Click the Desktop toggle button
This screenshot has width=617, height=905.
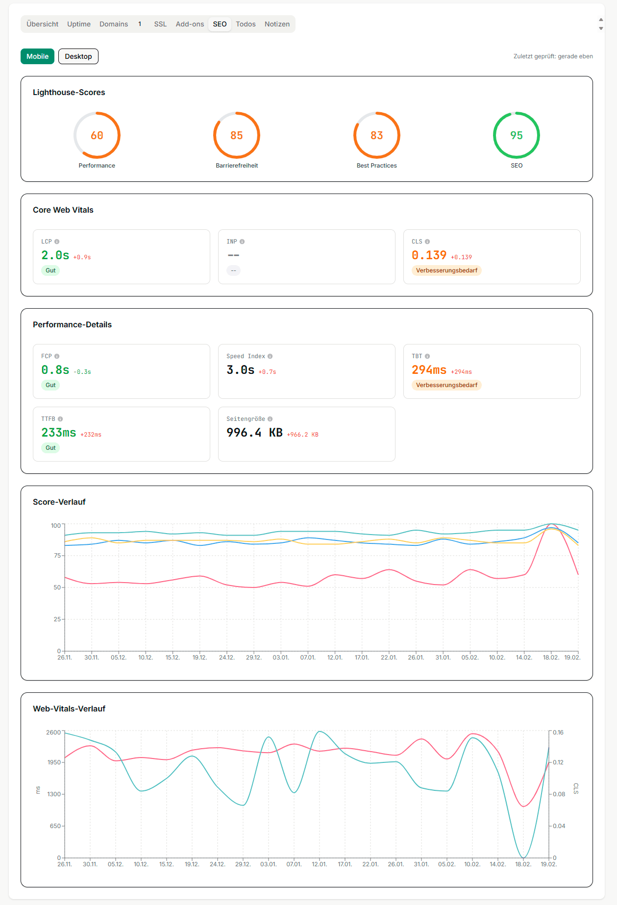(78, 56)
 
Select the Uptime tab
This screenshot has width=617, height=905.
(79, 24)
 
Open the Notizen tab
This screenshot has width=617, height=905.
(277, 24)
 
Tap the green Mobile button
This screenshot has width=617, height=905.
(37, 56)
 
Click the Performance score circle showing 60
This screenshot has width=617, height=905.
(97, 135)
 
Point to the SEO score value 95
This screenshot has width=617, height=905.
(517, 135)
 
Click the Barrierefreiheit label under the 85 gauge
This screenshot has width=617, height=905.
(237, 166)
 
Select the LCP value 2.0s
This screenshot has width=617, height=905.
(55, 255)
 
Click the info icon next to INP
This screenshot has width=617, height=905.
(242, 242)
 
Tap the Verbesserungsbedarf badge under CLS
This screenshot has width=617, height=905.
(446, 270)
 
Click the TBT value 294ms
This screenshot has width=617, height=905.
(429, 370)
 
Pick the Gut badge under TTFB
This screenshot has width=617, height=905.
(50, 448)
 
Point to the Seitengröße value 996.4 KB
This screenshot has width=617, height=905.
(254, 433)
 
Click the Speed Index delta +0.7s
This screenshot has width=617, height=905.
(267, 372)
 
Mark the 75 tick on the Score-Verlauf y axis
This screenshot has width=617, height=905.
(57, 556)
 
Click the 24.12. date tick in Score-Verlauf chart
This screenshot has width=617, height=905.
(226, 658)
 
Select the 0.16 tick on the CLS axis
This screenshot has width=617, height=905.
(558, 733)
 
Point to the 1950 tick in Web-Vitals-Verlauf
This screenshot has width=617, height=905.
(54, 762)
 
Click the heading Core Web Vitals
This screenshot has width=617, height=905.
(63, 210)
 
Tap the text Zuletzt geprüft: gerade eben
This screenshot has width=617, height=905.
(553, 56)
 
